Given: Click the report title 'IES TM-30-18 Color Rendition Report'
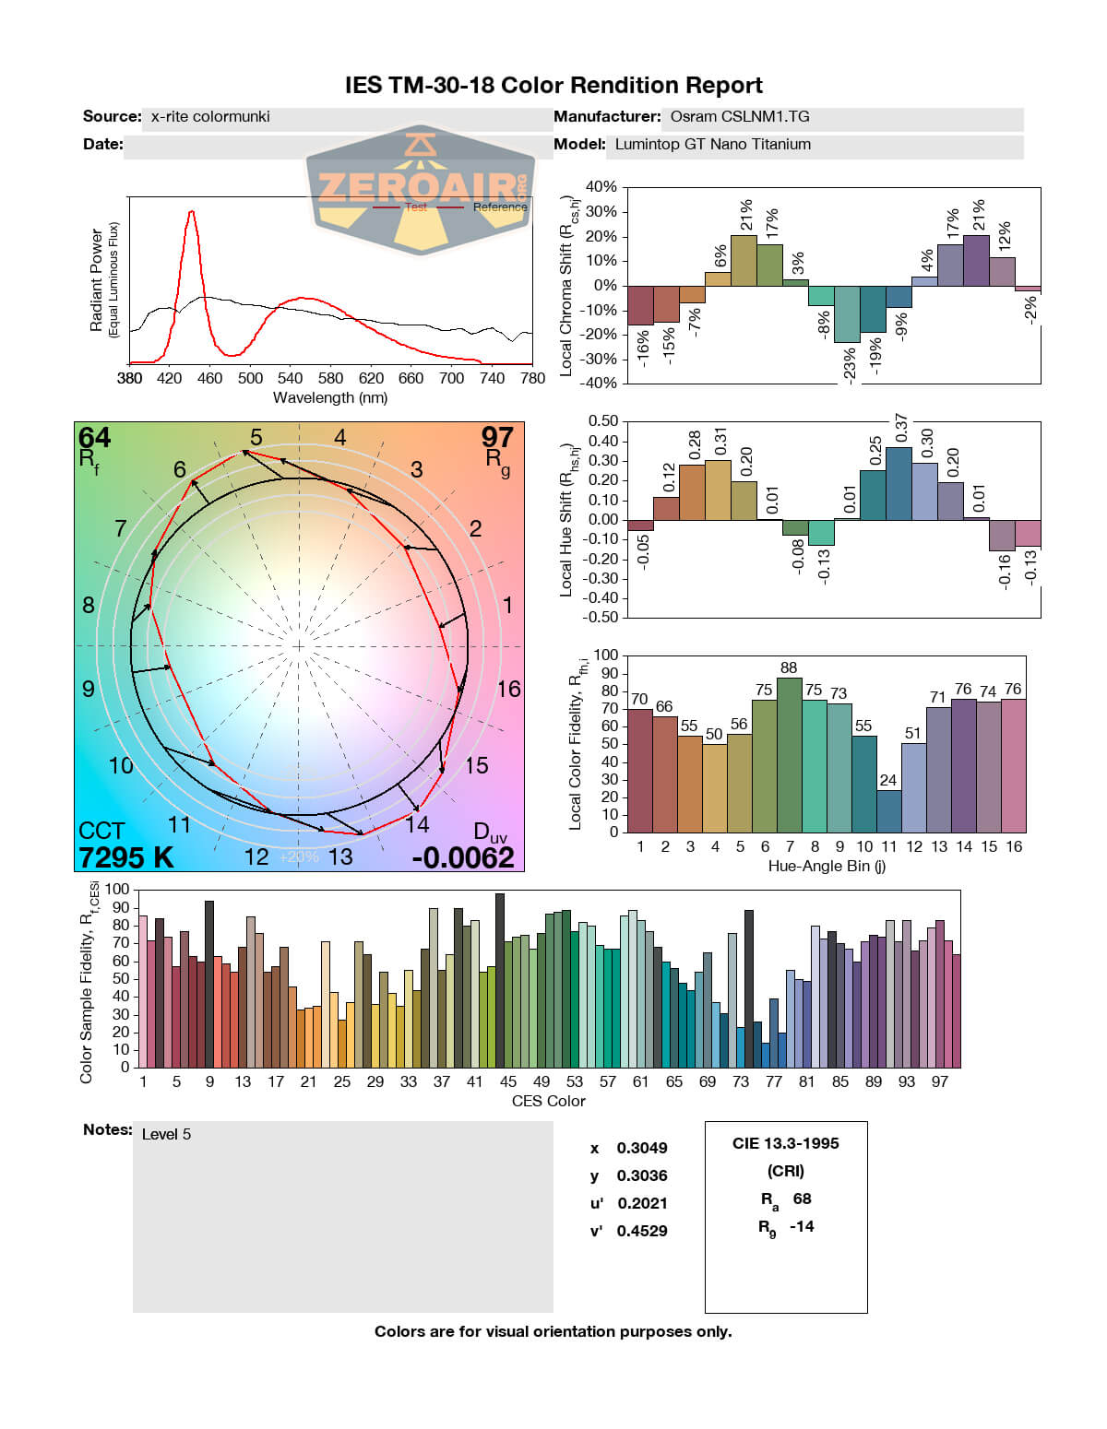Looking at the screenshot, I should point(553,86).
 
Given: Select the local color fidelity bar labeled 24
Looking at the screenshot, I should point(888,810).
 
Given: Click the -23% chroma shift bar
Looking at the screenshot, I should point(847,314).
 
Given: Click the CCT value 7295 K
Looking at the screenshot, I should point(126,857).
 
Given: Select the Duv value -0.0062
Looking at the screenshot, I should point(463,857).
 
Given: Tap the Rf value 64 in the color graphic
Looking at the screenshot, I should point(94,437).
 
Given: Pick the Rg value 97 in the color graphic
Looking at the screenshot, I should point(497,437).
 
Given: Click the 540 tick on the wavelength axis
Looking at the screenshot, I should point(290,378).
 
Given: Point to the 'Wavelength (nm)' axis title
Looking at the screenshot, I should point(330,398).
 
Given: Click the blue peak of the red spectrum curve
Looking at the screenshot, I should point(191,212).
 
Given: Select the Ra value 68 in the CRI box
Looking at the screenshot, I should point(802,1199).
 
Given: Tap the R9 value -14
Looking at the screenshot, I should point(802,1226).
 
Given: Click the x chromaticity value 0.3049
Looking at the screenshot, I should point(642,1148).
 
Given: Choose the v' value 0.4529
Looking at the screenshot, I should point(642,1231).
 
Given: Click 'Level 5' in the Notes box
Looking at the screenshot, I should point(167,1134).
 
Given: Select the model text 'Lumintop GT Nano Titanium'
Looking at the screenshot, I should point(713,145).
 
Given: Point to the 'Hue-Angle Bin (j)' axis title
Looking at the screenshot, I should point(827,867).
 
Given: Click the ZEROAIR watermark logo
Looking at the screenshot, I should point(420,189).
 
